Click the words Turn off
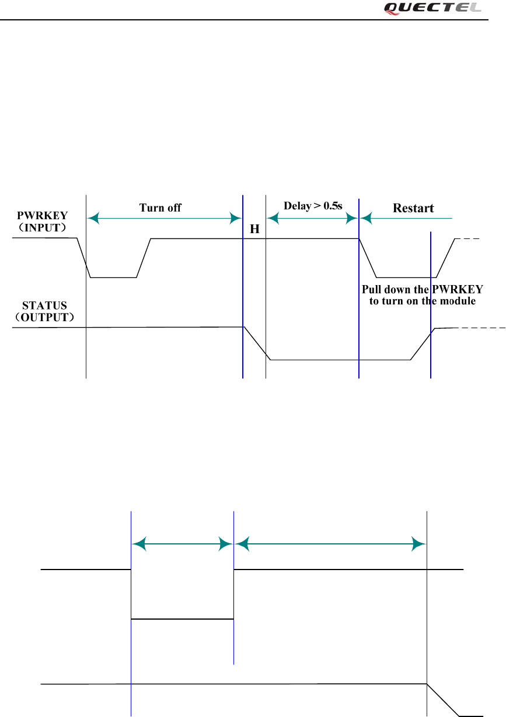pyautogui.click(x=160, y=207)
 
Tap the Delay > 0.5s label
pyautogui.click(x=312, y=206)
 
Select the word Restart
pyautogui.click(x=413, y=208)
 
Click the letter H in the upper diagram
pyautogui.click(x=254, y=230)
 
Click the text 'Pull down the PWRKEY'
pyautogui.click(x=423, y=290)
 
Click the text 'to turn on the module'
pyautogui.click(x=423, y=301)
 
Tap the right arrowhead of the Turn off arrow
pyautogui.click(x=236, y=218)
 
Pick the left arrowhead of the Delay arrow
pyautogui.click(x=272, y=218)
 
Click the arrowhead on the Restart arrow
pyautogui.click(x=367, y=218)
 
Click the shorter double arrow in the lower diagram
pyautogui.click(x=182, y=544)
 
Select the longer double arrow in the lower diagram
pyautogui.click(x=330, y=544)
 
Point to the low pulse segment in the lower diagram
pyautogui.click(x=182, y=619)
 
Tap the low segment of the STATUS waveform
pyautogui.click(x=341, y=360)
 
